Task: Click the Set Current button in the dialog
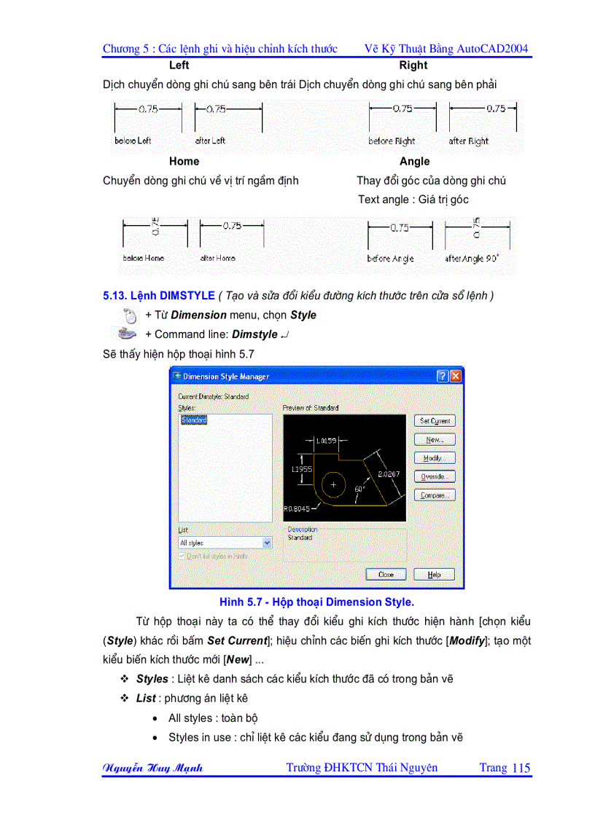click(435, 421)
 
